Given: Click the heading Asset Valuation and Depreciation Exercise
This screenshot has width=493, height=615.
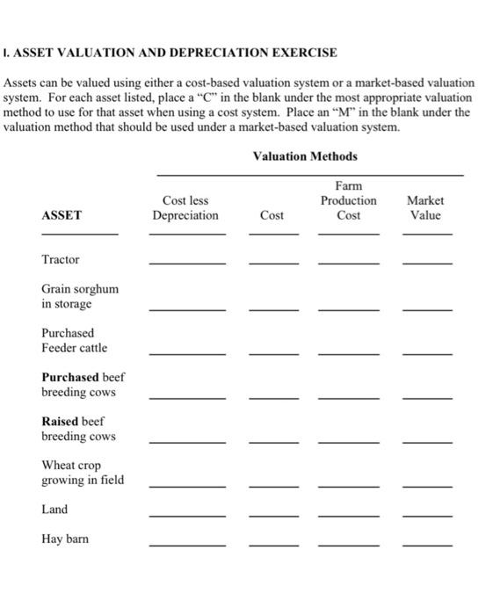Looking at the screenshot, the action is (170, 53).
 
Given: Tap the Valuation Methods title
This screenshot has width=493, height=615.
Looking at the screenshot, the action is (305, 156).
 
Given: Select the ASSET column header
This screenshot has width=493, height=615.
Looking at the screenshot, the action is (62, 215).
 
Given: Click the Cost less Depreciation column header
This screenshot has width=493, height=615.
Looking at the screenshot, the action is (185, 208).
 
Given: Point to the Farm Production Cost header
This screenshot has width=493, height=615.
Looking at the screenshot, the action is (349, 200).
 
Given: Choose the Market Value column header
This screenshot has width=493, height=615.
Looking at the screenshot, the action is (425, 208).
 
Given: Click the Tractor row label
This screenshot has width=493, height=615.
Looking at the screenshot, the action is (61, 259).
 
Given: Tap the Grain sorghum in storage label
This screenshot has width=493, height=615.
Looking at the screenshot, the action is (80, 296).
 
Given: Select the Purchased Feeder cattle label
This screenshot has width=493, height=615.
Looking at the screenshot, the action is (75, 341).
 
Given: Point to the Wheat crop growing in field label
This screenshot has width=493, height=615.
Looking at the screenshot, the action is (83, 473).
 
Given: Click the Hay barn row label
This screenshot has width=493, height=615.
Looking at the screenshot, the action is (65, 539).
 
